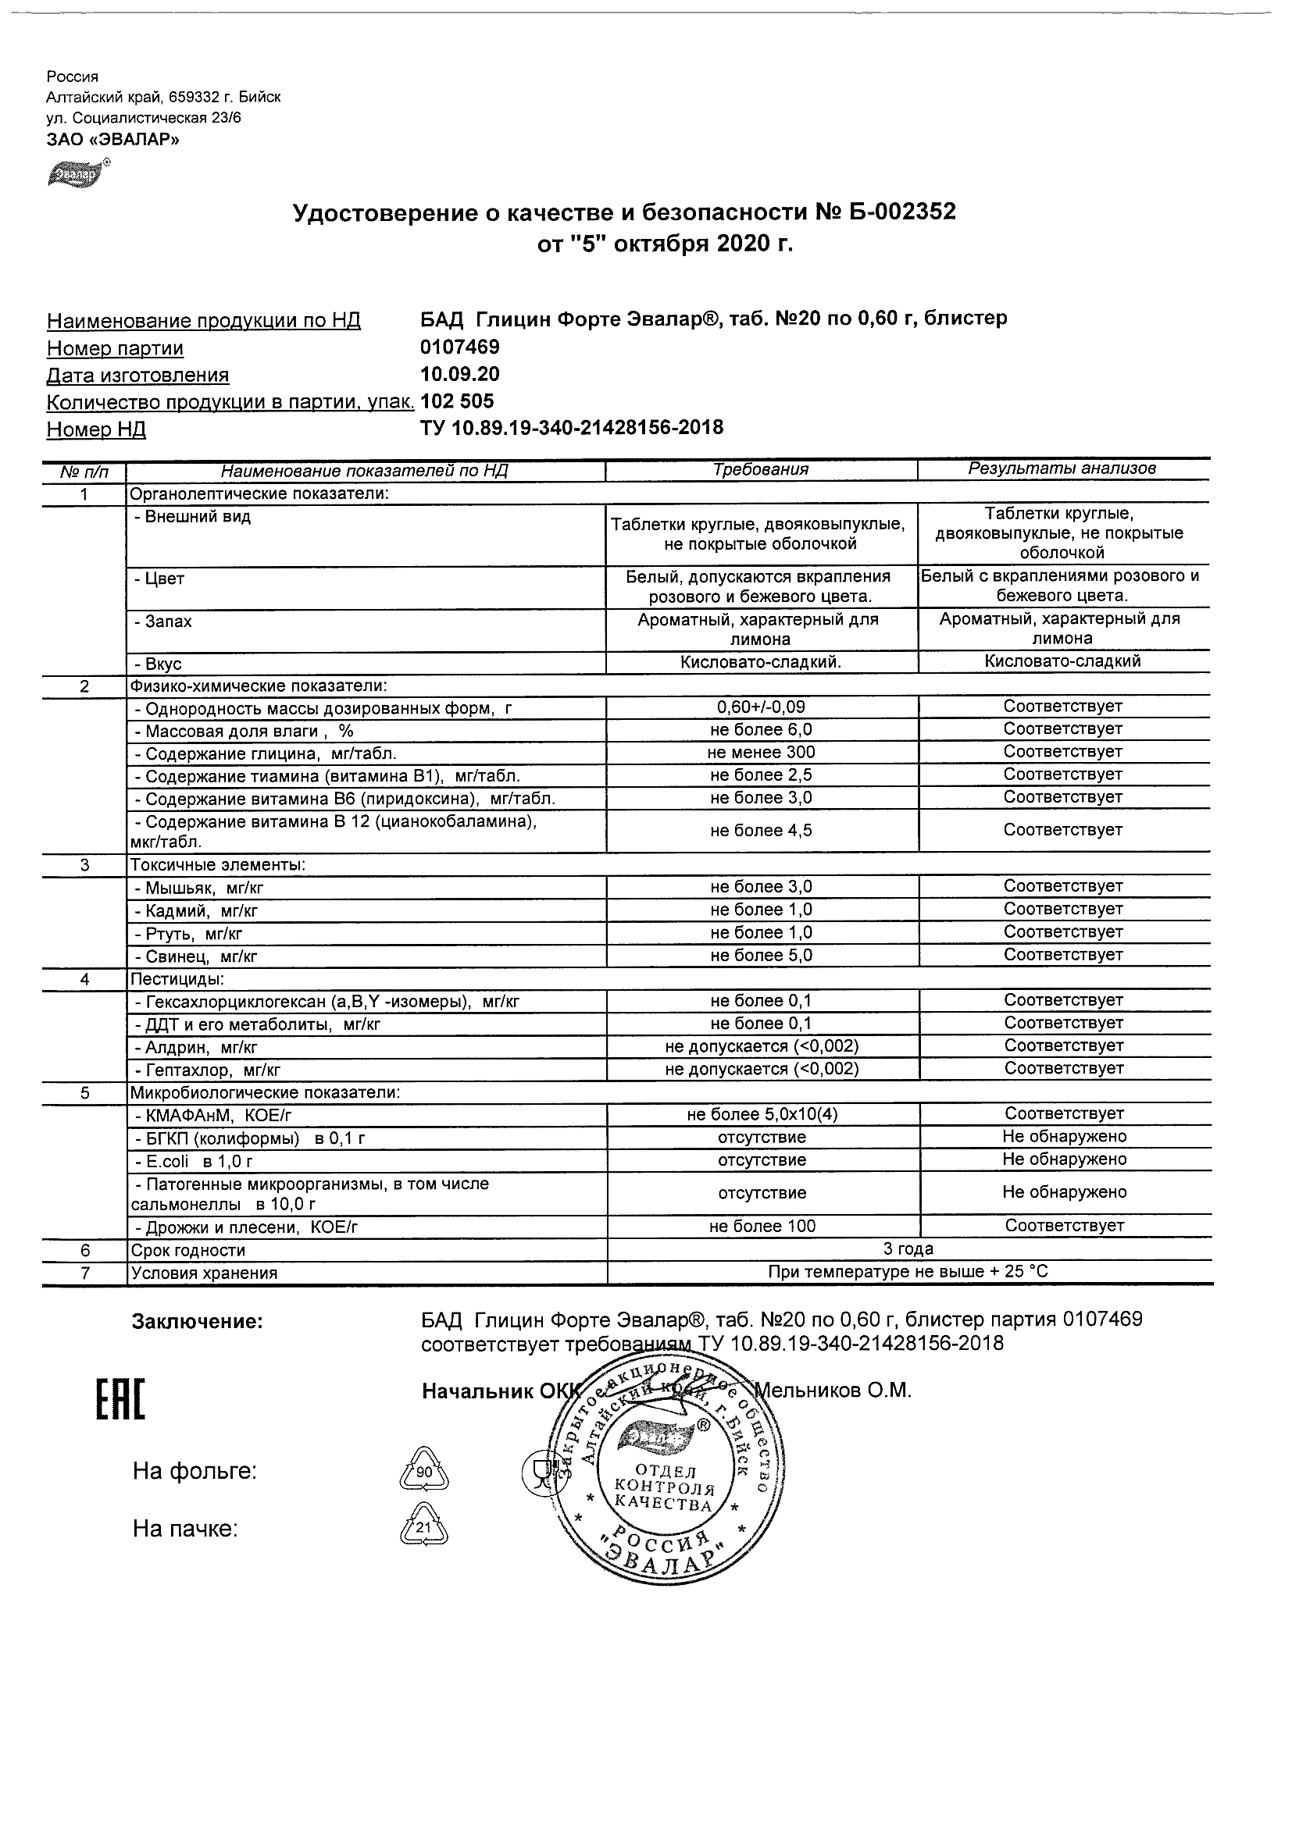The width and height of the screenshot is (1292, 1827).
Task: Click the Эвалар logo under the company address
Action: pyautogui.click(x=77, y=172)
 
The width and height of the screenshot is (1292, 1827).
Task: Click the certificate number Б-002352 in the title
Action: pyautogui.click(x=885, y=212)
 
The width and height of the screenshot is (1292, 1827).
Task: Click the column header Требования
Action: pyautogui.click(x=761, y=469)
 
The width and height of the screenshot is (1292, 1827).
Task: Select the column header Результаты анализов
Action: pyautogui.click(x=1062, y=468)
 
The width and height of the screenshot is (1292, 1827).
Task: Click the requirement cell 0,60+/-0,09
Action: pyautogui.click(x=761, y=707)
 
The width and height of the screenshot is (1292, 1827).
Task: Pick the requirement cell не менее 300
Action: pyautogui.click(x=761, y=752)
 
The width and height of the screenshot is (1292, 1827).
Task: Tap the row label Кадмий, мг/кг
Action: pyautogui.click(x=196, y=910)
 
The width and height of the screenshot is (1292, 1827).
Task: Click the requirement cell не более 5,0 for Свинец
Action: pyautogui.click(x=761, y=956)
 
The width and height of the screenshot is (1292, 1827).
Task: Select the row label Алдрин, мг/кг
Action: pyautogui.click(x=196, y=1047)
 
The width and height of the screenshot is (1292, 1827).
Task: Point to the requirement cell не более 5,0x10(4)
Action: pyautogui.click(x=761, y=1114)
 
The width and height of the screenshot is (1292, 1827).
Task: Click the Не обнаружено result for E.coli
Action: pyautogui.click(x=1065, y=1159)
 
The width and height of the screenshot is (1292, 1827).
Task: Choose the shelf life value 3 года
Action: pyautogui.click(x=908, y=1249)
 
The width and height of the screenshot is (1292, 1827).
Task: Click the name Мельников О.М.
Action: pyautogui.click(x=832, y=1390)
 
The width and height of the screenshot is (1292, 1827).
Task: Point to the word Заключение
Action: pyautogui.click(x=197, y=1322)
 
